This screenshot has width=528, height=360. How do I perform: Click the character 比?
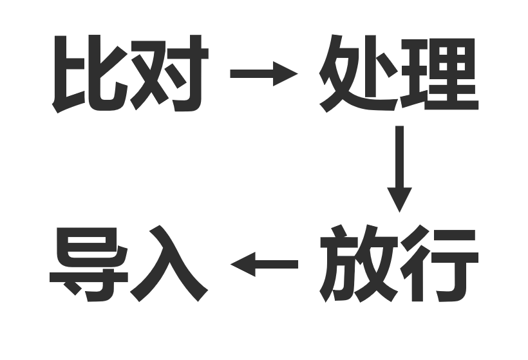[90, 74]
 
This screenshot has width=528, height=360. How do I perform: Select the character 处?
[357, 73]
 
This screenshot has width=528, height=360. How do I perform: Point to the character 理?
[439, 74]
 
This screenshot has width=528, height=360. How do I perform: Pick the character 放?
[359, 263]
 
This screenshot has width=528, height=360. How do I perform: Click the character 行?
[439, 263]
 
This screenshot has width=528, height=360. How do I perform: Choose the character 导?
[89, 265]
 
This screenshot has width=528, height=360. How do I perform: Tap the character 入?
[169, 263]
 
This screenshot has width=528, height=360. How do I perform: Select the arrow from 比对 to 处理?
[264, 74]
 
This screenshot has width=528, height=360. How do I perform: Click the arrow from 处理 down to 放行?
[399, 169]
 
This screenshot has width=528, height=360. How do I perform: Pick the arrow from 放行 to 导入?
[264, 264]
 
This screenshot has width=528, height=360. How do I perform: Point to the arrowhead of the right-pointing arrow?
[285, 74]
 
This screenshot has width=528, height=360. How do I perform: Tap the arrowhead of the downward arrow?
[399, 200]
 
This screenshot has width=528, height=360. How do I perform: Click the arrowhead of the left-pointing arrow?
[243, 264]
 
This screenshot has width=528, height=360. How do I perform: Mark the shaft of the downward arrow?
[399, 156]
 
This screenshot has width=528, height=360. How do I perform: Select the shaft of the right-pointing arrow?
[252, 74]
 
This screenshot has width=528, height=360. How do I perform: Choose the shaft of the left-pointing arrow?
[277, 264]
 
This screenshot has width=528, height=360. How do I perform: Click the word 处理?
[399, 73]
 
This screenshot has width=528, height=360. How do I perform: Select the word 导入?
[129, 263]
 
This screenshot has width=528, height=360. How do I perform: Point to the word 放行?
[399, 263]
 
